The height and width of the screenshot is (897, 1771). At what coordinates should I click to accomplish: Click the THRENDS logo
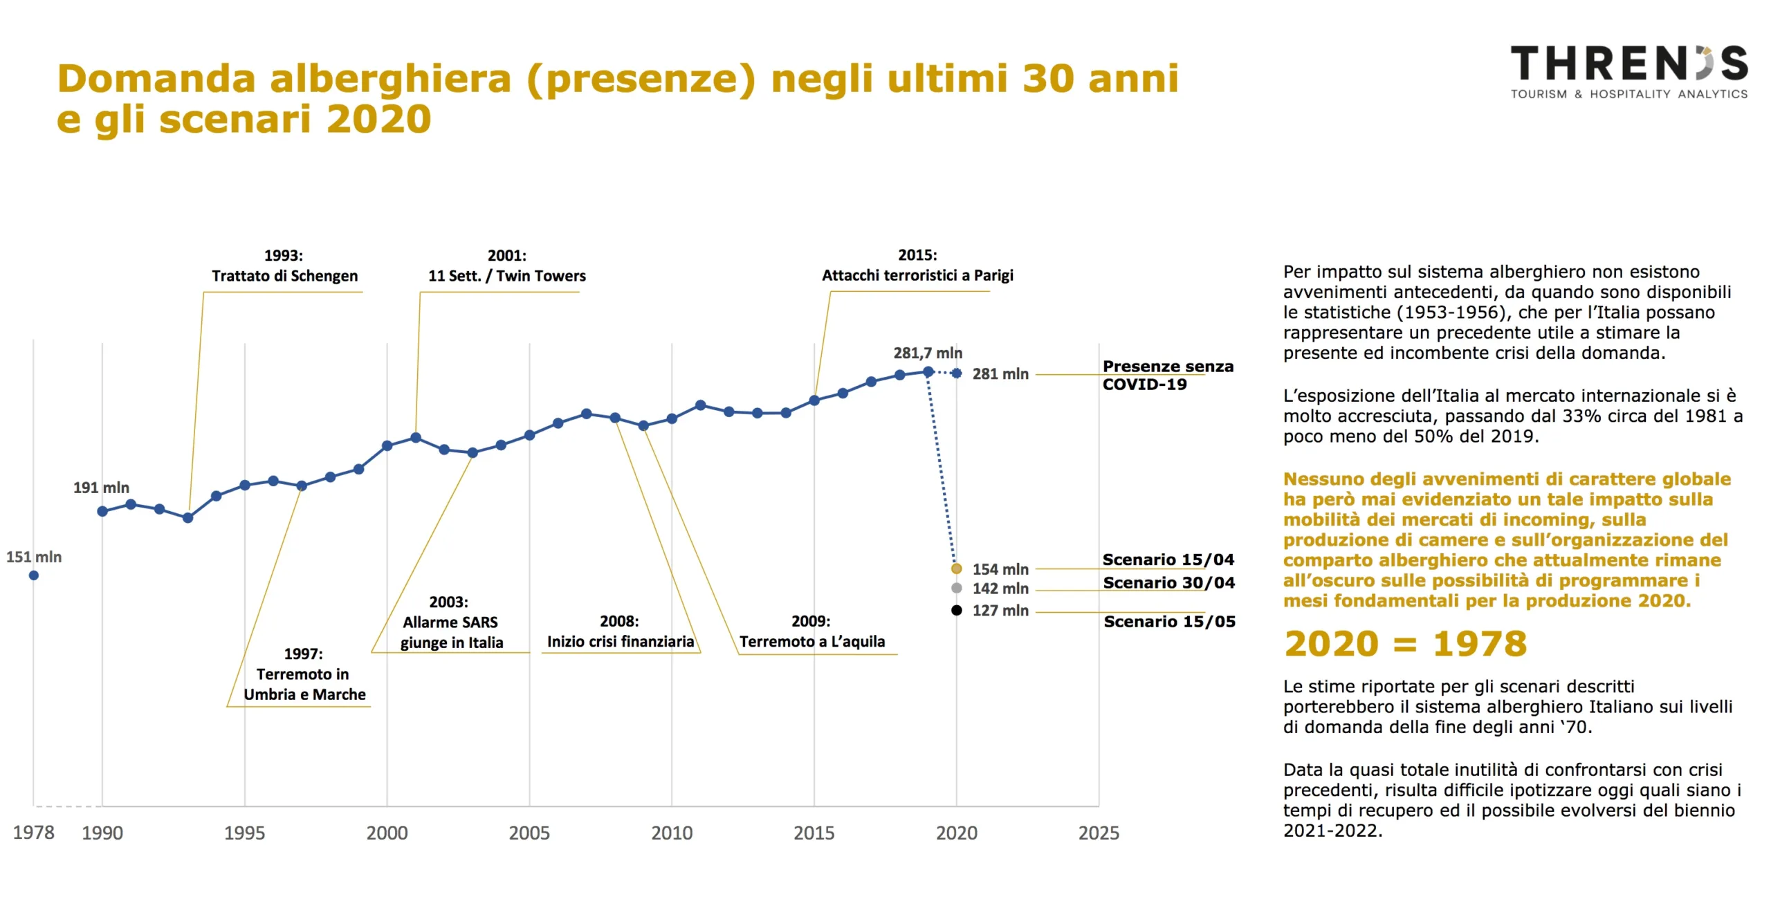click(x=1628, y=72)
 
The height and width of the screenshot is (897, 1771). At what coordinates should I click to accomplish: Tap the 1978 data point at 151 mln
click(x=34, y=575)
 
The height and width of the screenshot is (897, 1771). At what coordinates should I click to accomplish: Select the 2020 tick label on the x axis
click(x=956, y=833)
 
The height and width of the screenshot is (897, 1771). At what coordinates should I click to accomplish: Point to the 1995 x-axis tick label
click(x=244, y=833)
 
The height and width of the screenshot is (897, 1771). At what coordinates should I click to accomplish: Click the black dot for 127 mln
click(x=957, y=610)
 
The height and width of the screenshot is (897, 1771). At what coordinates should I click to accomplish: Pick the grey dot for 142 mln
click(x=957, y=588)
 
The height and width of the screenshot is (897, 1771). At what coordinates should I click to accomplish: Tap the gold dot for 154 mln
click(x=957, y=568)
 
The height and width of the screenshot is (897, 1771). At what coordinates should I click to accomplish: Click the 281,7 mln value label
click(x=928, y=353)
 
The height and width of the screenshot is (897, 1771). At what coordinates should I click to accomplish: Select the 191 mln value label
click(x=101, y=488)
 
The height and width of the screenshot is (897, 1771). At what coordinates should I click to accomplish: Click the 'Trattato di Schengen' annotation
click(x=284, y=276)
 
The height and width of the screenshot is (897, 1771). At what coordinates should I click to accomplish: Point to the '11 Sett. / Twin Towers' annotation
click(x=506, y=276)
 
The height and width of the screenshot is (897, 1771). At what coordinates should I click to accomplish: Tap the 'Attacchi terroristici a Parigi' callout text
click(x=917, y=275)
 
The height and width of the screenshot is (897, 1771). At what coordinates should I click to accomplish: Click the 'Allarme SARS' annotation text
click(x=451, y=622)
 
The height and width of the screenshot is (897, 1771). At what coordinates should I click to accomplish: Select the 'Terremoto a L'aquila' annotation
click(x=812, y=641)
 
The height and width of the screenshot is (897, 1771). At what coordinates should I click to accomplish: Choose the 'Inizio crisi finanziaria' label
click(x=620, y=641)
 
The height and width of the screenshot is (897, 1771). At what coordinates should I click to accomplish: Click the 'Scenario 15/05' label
click(x=1169, y=621)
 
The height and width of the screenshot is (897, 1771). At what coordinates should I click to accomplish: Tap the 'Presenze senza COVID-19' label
click(x=1168, y=375)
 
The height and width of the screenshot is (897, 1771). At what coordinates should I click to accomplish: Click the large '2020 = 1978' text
click(x=1406, y=644)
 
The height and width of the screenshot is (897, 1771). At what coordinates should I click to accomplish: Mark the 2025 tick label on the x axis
click(x=1099, y=833)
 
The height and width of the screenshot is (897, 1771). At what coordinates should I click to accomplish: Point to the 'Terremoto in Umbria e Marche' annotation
click(x=304, y=674)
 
